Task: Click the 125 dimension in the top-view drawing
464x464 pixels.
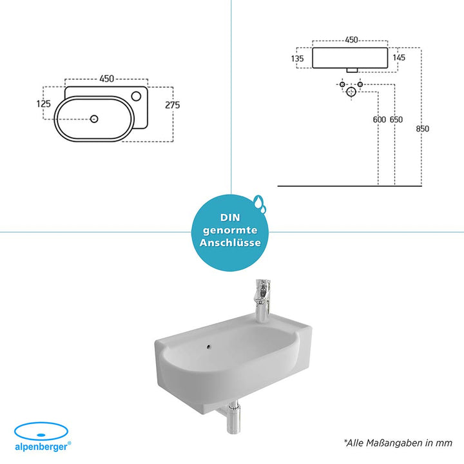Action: (44, 104)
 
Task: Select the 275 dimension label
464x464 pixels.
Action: (173, 105)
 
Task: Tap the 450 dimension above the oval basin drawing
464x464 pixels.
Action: (106, 79)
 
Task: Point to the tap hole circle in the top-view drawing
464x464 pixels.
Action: (136, 96)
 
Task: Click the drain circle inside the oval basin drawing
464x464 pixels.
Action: (94, 119)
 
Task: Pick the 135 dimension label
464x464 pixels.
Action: (297, 59)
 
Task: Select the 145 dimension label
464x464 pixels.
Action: (399, 57)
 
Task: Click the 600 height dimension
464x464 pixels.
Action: (380, 120)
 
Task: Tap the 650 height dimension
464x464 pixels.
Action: (396, 120)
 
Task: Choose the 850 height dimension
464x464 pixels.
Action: (423, 129)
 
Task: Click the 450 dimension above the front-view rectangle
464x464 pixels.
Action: (352, 40)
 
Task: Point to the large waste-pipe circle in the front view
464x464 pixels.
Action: (351, 92)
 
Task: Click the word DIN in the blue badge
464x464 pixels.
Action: (230, 218)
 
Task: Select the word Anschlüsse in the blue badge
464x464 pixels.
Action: (230, 243)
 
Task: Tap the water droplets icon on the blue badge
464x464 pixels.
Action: (260, 204)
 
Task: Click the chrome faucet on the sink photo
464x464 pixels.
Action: (262, 301)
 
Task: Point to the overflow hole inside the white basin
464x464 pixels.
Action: (209, 345)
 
